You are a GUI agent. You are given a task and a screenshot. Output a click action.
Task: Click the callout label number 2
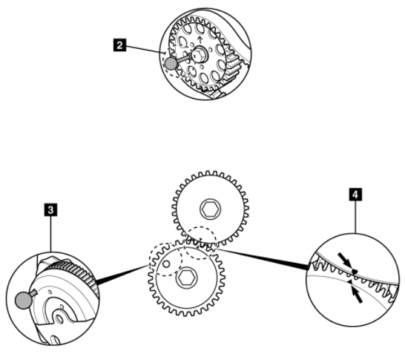(120, 45)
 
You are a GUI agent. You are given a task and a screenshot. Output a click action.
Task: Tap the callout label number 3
(50, 209)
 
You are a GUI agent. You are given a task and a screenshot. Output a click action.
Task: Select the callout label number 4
(355, 194)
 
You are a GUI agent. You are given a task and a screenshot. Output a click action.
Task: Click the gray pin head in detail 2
(171, 63)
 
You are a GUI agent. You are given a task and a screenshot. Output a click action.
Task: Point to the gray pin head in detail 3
(24, 301)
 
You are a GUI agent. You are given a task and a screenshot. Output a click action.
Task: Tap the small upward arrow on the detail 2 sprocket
(200, 40)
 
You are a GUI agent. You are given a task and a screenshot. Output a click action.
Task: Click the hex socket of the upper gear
(211, 209)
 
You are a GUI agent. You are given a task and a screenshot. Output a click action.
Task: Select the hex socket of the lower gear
(186, 278)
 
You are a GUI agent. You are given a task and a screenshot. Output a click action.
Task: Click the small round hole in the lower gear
(167, 264)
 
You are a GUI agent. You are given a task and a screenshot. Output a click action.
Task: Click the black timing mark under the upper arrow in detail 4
(355, 271)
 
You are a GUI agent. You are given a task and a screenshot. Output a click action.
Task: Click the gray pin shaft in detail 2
(183, 58)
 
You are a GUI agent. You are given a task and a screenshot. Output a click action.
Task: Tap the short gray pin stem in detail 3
(34, 293)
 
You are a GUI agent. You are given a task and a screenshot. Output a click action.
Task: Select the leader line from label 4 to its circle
(355, 217)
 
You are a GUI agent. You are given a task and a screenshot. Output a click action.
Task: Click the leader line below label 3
(50, 234)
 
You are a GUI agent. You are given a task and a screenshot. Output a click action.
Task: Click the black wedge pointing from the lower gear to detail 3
(122, 275)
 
